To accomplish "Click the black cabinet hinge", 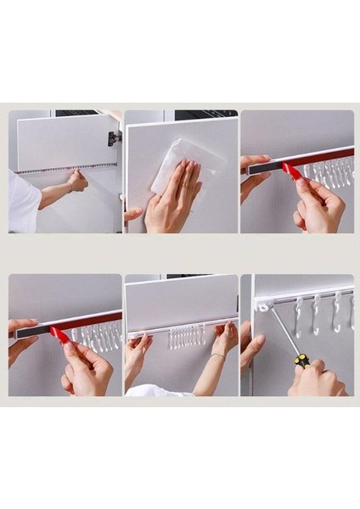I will [x=114, y=137].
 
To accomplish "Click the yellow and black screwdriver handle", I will [x=301, y=361].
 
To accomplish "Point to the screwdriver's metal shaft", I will [x=284, y=332].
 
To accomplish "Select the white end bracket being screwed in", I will [x=265, y=305].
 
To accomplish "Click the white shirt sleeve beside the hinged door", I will [x=23, y=202].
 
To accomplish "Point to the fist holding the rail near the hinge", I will [x=78, y=180].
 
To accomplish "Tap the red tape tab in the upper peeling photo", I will [x=293, y=172].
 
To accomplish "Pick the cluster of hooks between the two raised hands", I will [x=187, y=337].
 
